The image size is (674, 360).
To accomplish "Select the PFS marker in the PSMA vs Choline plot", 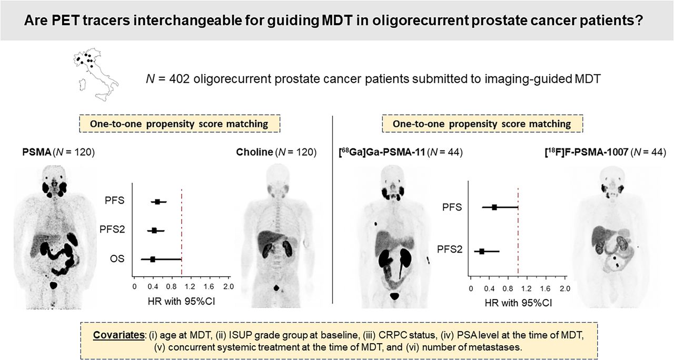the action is tap(157, 202).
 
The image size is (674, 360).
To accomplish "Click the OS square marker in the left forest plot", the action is tap(153, 259).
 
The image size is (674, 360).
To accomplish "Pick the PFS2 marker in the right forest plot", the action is tap(482, 252).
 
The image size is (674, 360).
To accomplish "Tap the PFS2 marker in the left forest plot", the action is tap(154, 231).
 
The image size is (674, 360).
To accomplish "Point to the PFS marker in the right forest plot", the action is tap(494, 207).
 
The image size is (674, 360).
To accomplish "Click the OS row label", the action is tap(117, 258).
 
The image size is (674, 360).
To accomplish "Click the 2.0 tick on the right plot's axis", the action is tap(565, 288).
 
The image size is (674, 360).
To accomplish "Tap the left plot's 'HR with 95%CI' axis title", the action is tap(182, 302).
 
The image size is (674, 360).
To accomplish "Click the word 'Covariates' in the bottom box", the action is tap(118, 335).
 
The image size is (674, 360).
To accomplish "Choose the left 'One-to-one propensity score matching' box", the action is tap(180, 124).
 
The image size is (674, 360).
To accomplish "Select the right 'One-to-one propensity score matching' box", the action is tap(482, 124).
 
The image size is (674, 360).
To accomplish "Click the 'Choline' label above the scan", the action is tap(254, 152).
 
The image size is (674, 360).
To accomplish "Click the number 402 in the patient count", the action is tap(180, 79).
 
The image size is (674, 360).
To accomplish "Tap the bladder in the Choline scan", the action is tap(276, 288).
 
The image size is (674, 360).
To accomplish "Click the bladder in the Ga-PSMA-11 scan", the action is tap(394, 296).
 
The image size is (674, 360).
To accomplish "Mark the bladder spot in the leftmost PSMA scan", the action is tap(53, 285).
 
